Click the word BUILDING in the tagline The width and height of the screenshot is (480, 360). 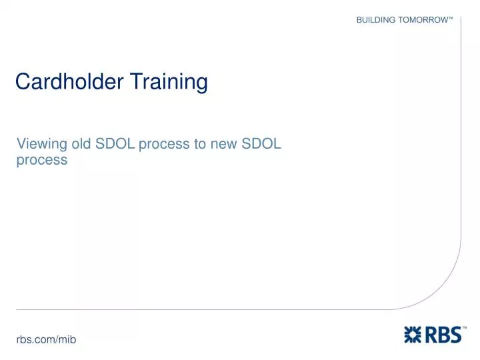click(x=376, y=20)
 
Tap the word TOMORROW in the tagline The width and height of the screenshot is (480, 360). click(x=423, y=20)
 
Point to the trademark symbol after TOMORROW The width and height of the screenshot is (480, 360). click(x=451, y=18)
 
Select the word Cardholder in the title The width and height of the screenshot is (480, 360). click(x=69, y=81)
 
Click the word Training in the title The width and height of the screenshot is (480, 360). click(x=169, y=82)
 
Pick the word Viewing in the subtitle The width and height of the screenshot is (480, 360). click(x=42, y=144)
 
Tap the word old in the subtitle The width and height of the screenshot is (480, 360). click(x=81, y=143)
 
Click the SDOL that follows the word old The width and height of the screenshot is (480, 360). click(x=115, y=143)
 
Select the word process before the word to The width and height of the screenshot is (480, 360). click(x=164, y=145)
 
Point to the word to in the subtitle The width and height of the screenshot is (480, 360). click(x=200, y=144)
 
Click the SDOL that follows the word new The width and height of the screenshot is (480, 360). click(x=261, y=143)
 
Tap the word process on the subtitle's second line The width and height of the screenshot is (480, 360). click(x=42, y=161)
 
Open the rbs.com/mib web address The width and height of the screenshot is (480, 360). click(x=46, y=339)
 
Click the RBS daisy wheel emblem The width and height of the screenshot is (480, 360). click(x=413, y=334)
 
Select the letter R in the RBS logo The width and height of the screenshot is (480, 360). click(x=431, y=334)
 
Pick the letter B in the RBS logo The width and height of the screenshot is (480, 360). click(x=443, y=334)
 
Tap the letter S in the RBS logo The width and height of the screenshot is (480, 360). click(x=455, y=334)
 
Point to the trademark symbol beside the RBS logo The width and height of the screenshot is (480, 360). click(x=465, y=327)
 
